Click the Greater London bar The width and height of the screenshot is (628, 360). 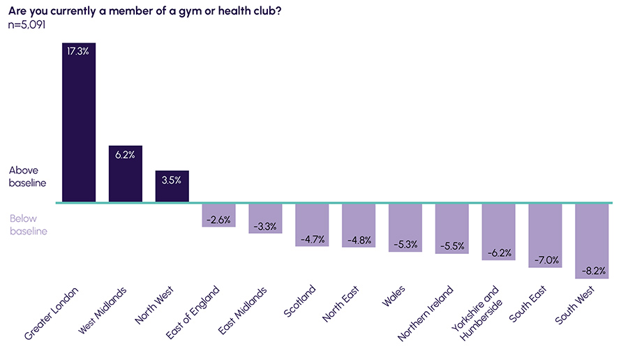point(79,123)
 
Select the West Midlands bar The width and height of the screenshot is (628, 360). point(126,174)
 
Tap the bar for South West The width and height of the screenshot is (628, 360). point(591,241)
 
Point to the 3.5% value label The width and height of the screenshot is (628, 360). point(172,180)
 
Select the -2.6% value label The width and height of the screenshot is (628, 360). point(218,220)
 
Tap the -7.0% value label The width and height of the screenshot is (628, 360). point(545,260)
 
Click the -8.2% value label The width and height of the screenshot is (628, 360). point(591,271)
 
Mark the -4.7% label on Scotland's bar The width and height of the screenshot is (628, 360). point(312,239)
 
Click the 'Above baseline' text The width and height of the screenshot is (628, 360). point(27,177)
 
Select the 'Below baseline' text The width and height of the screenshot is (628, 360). point(28,225)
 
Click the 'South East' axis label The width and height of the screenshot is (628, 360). point(528,304)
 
